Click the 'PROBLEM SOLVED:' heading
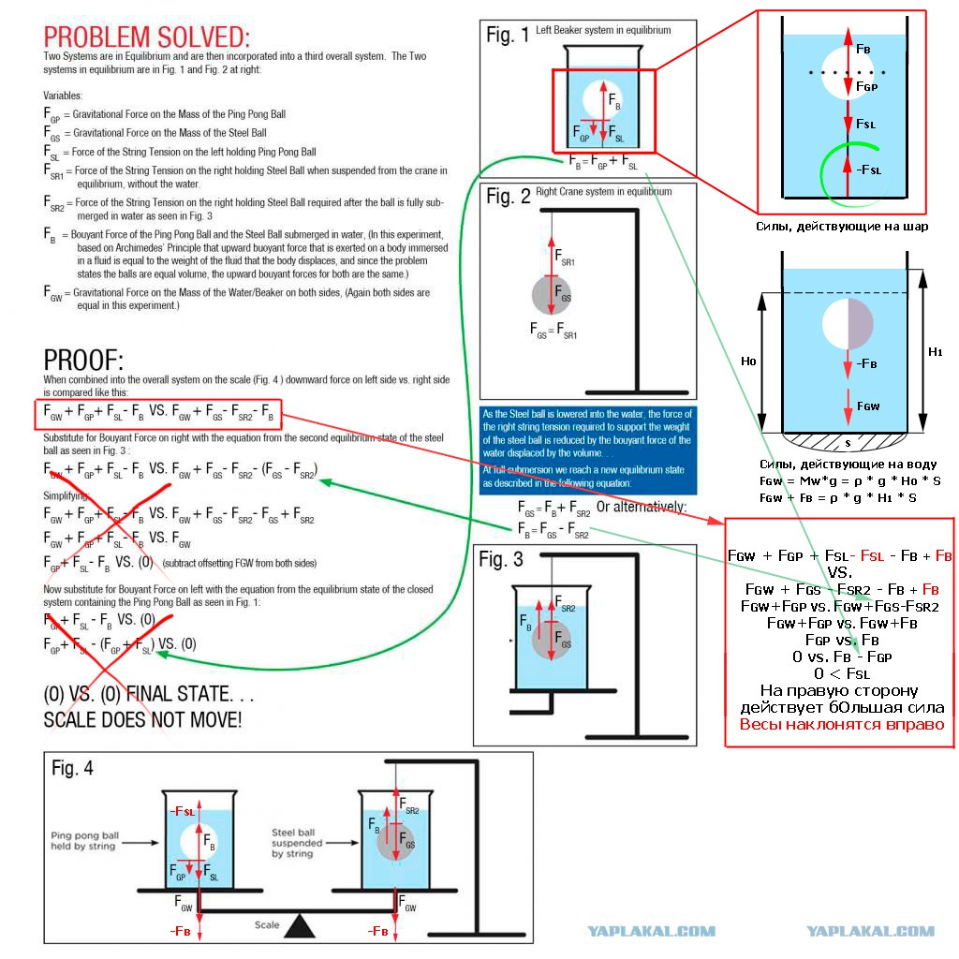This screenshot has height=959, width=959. (147, 37)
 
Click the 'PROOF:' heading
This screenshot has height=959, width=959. (83, 361)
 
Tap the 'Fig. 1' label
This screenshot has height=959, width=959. (508, 35)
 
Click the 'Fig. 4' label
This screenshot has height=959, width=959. (72, 768)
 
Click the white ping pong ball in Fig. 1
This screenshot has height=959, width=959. (602, 99)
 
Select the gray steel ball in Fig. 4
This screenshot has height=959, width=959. (397, 842)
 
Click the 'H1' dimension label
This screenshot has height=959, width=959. (934, 351)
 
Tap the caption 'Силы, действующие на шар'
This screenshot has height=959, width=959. (840, 226)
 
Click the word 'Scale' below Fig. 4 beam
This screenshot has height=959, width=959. (267, 924)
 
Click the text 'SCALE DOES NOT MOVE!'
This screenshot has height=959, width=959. (142, 720)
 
